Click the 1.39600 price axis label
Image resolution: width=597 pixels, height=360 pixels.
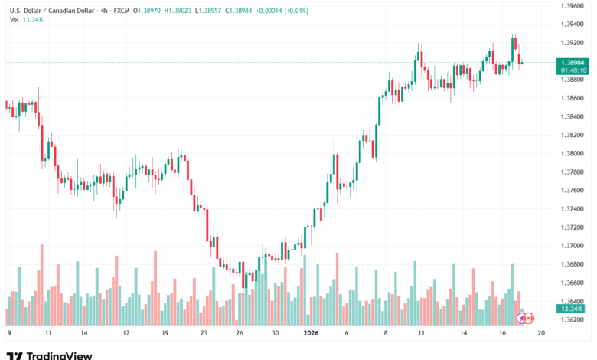coord(572,5)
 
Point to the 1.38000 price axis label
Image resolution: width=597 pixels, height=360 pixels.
coord(572,153)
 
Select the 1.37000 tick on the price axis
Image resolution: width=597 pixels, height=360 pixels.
coord(572,246)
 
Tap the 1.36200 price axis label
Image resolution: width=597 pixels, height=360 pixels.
coord(572,319)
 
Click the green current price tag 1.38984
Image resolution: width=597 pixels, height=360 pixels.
coord(573,63)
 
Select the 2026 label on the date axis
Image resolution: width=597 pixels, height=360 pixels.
coord(311,333)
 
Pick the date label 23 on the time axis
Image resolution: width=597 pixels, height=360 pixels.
coord(204,333)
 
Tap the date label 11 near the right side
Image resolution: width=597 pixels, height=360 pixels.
coord(422,333)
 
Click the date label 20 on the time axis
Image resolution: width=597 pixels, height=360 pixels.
coord(540,333)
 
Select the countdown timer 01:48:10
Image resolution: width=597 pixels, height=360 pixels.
coord(573,70)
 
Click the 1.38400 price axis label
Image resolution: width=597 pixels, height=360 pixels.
coord(572,116)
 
